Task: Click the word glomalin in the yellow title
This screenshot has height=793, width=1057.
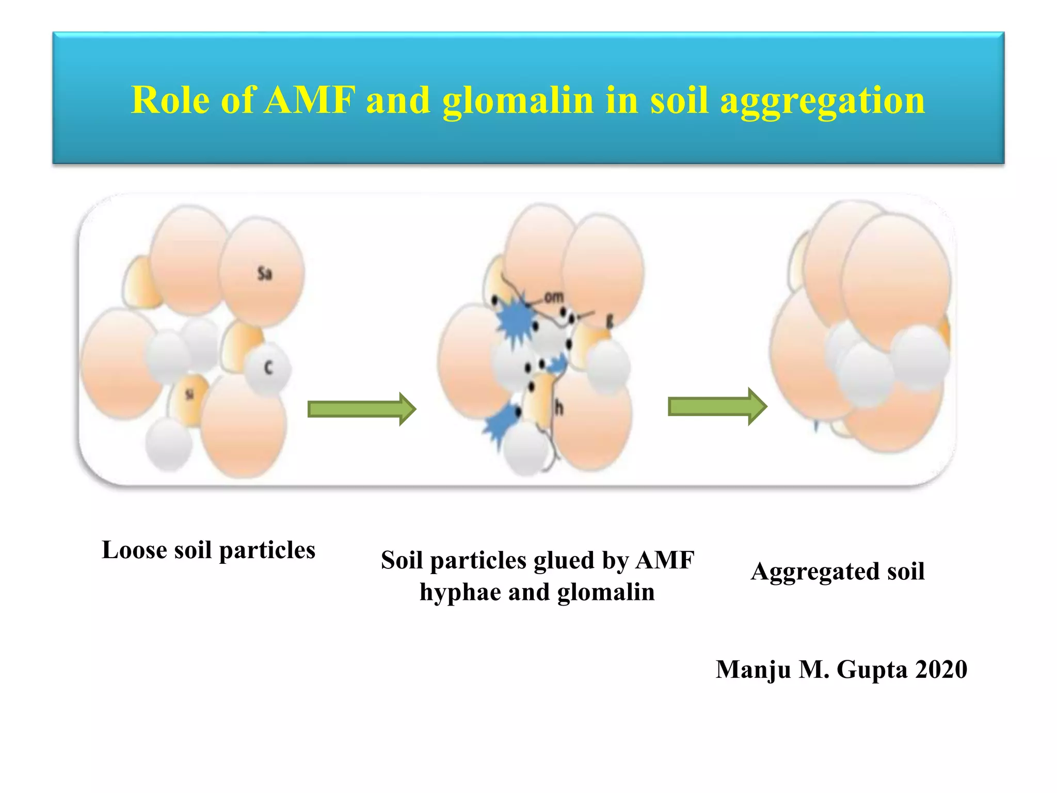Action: [518, 101]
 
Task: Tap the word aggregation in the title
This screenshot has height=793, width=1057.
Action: [822, 101]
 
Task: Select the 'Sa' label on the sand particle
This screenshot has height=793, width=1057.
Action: [265, 274]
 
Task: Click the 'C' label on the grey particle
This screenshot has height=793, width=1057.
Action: [268, 368]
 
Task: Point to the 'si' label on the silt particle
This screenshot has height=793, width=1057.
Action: [189, 394]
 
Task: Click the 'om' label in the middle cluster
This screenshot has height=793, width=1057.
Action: [554, 297]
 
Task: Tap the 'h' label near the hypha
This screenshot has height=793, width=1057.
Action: [559, 408]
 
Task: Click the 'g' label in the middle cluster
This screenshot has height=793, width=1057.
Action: [610, 322]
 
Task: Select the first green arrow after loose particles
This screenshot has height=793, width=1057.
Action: [361, 409]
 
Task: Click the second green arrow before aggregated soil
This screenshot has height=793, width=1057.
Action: [717, 406]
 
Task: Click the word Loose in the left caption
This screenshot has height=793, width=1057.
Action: [134, 549]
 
